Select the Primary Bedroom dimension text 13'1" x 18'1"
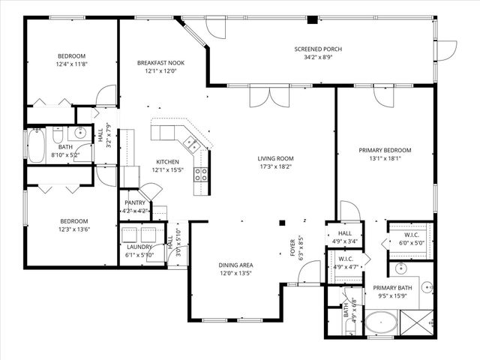(385, 158)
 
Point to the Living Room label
(275, 158)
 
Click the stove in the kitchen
(201, 175)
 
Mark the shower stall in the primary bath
(417, 324)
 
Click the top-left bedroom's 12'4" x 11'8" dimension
(72, 64)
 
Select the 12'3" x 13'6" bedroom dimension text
(74, 229)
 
